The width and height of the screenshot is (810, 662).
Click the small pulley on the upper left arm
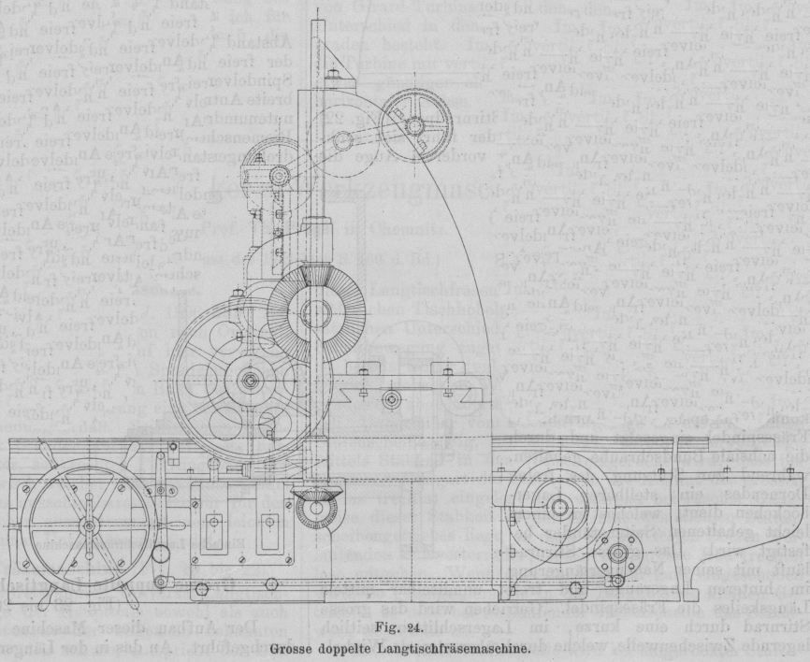coord(279,175)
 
